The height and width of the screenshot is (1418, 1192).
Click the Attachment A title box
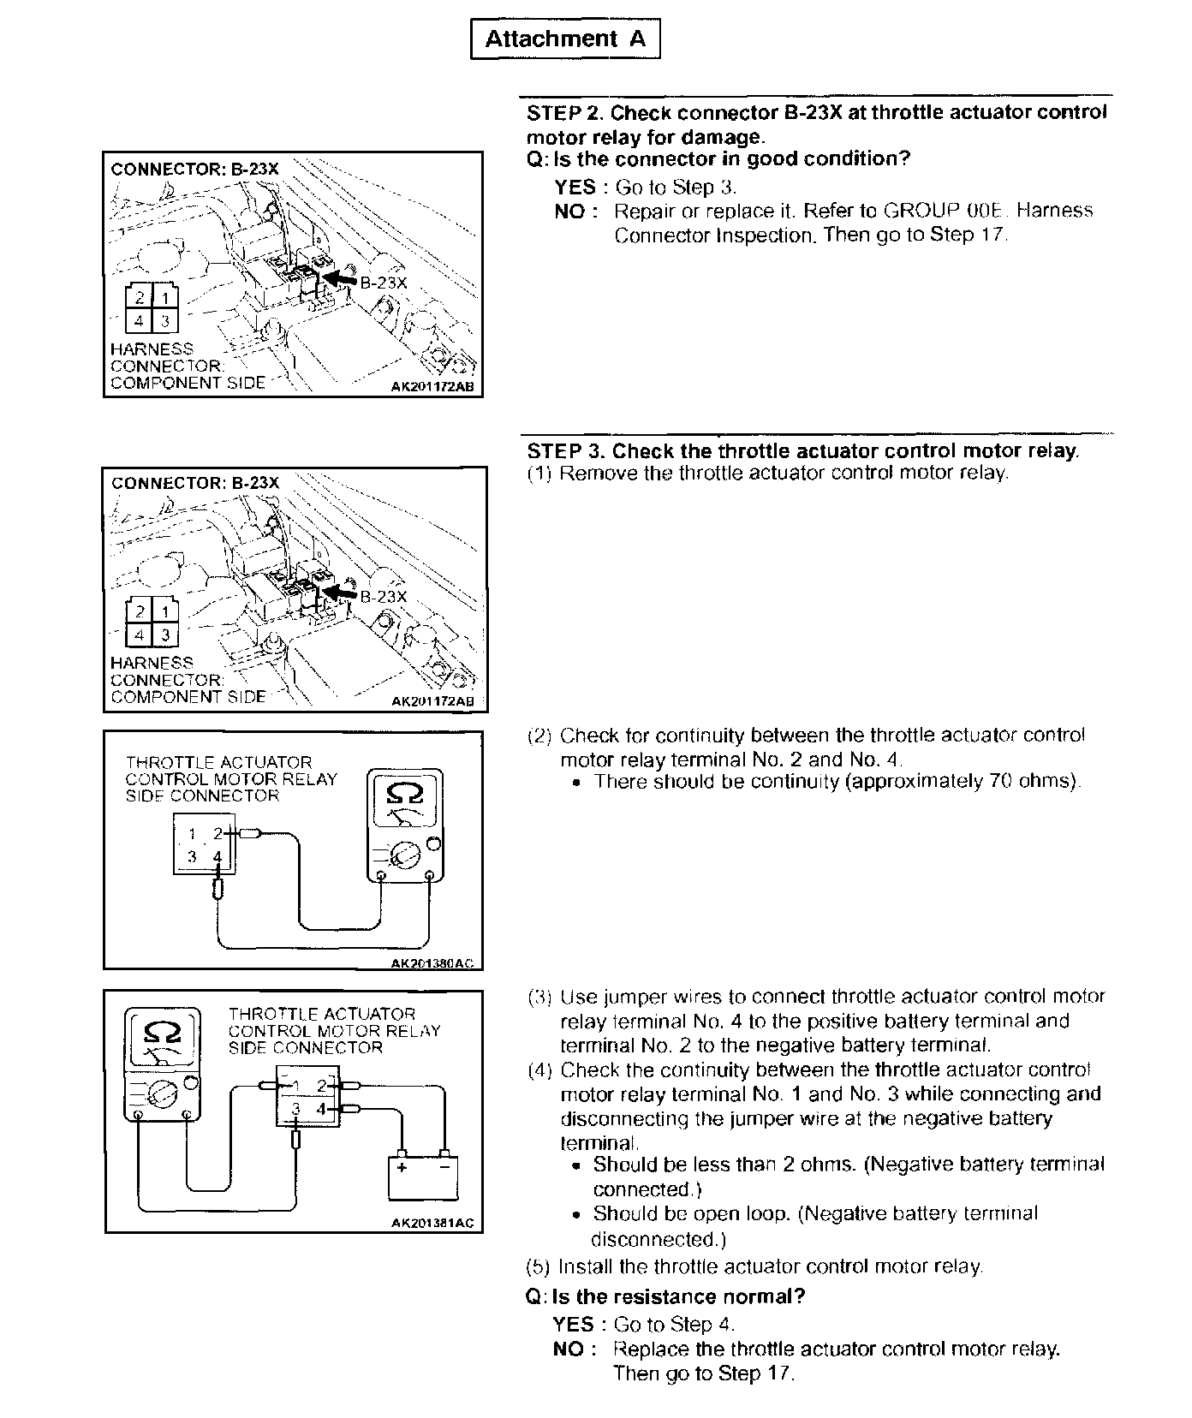565,39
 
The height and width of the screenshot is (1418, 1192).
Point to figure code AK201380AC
431,963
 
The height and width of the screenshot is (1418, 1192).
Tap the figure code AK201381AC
432,1223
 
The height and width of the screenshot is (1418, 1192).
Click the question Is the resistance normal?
678,1296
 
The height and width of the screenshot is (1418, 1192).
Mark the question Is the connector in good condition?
731,159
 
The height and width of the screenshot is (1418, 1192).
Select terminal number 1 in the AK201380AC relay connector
193,833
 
